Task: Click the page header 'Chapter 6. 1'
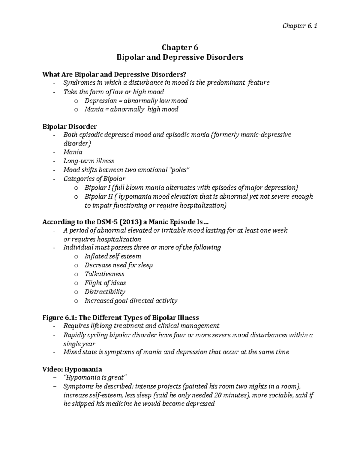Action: (300, 26)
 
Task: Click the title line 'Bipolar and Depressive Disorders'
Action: (180, 57)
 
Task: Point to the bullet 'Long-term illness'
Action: (88, 161)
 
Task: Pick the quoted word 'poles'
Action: (180, 170)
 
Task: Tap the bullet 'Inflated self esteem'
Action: (112, 256)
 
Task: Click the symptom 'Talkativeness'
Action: (104, 274)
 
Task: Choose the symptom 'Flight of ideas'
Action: (105, 283)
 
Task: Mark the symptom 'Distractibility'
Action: (105, 292)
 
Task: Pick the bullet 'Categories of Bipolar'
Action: (94, 179)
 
